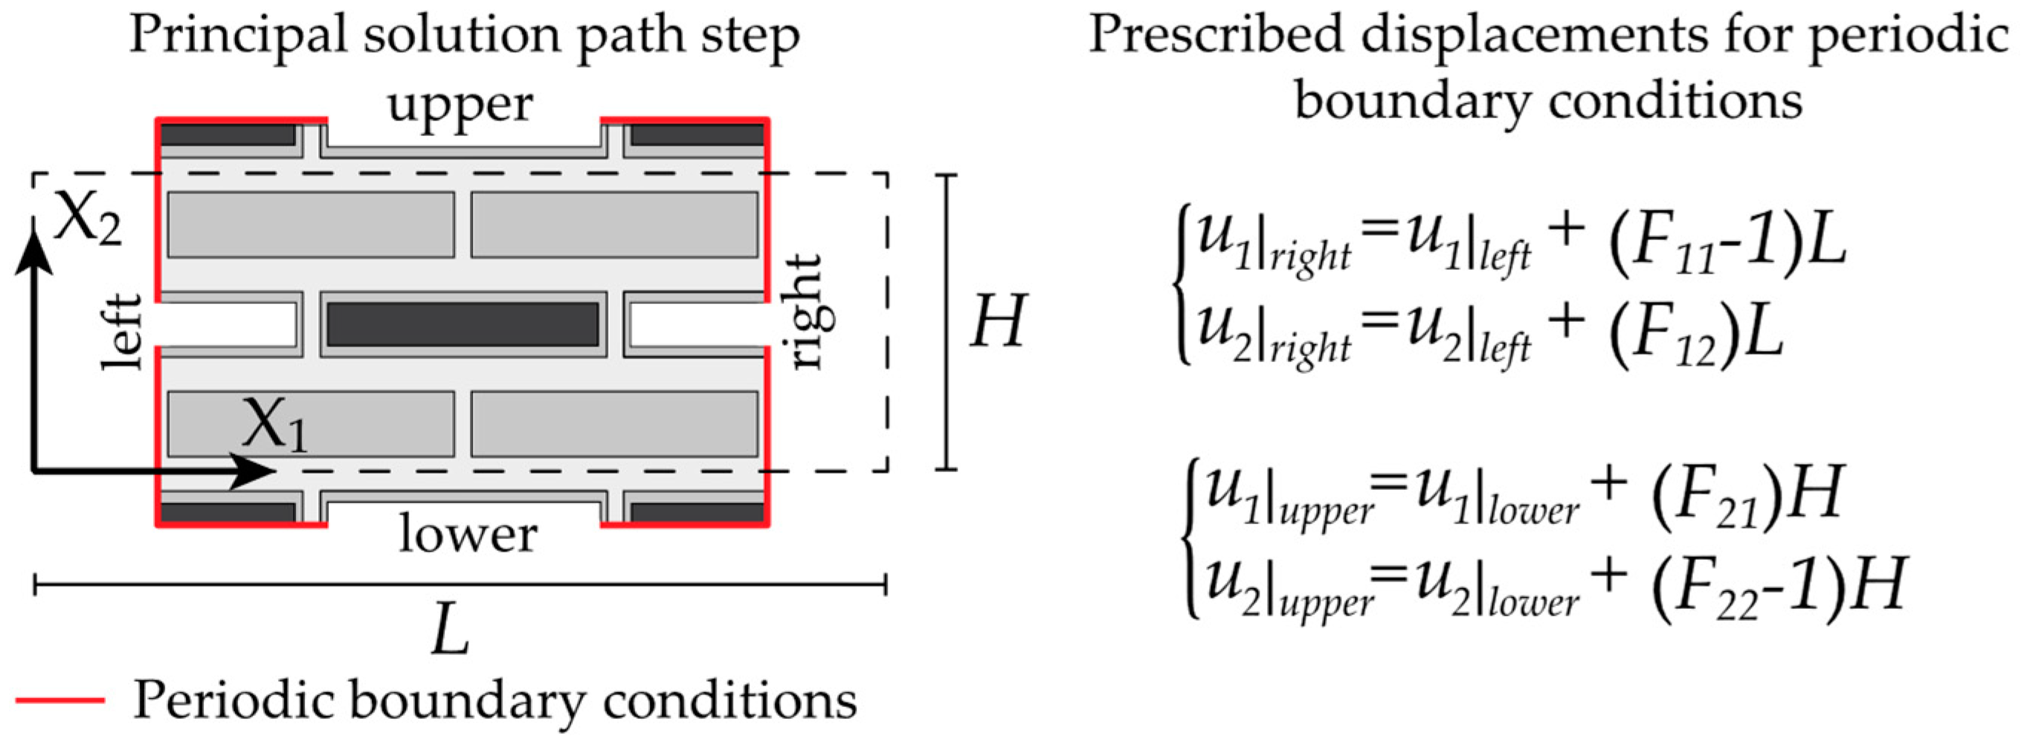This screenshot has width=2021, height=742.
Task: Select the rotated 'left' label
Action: [x=123, y=332]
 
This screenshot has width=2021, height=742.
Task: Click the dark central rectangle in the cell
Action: [x=463, y=324]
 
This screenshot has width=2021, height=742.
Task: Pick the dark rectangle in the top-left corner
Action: [x=228, y=135]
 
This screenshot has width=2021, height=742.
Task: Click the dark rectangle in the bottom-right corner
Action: [x=697, y=512]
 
